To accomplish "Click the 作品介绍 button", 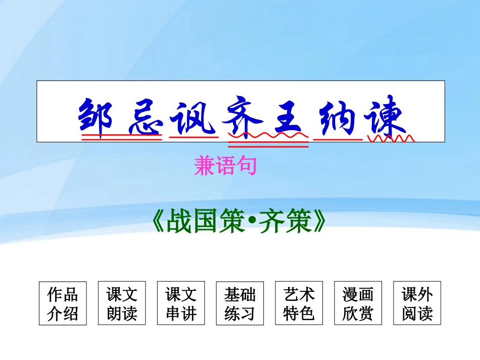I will pyautogui.click(x=63, y=303).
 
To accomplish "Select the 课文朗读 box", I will pyautogui.click(x=122, y=303).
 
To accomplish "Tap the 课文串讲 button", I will pyautogui.click(x=181, y=303).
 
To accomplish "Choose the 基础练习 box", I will pyautogui.click(x=240, y=303).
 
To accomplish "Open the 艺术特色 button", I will pyautogui.click(x=299, y=303).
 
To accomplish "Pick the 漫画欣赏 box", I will pyautogui.click(x=358, y=303).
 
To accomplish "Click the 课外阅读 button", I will pyautogui.click(x=417, y=303).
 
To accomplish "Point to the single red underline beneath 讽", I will pyautogui.click(x=193, y=136).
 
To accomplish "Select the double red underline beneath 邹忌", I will pyautogui.click(x=121, y=137).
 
